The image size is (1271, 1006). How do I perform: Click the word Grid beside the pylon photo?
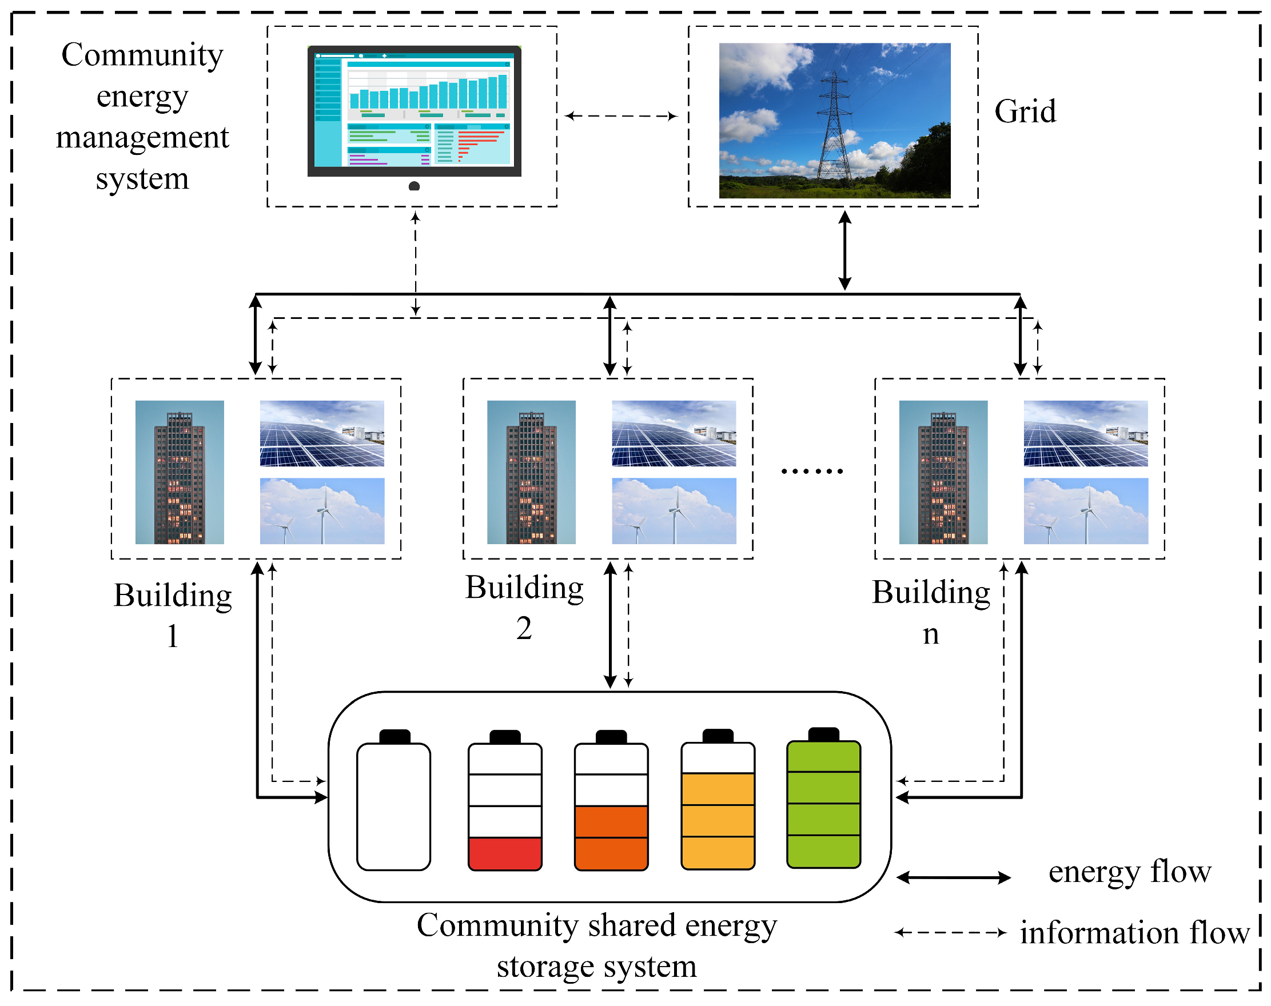[1025, 111]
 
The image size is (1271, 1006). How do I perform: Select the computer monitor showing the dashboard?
[415, 111]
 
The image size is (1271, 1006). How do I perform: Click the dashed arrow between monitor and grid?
[621, 116]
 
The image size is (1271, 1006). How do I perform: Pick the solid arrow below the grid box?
[844, 250]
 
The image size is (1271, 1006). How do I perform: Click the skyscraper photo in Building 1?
[179, 472]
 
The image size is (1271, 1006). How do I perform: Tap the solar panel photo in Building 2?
[674, 433]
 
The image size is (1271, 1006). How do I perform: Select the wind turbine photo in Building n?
[1085, 510]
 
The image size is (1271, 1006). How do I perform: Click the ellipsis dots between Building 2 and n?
[811, 471]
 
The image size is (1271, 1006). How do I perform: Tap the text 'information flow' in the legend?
[1134, 933]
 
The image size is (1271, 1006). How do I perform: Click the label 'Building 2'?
[524, 606]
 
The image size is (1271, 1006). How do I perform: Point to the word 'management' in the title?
[142, 137]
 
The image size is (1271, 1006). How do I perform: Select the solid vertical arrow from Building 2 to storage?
[611, 625]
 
